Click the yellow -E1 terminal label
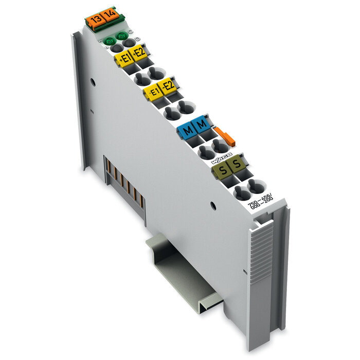tap(153, 92)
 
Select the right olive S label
tap(236, 164)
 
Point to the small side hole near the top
tap(93, 81)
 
